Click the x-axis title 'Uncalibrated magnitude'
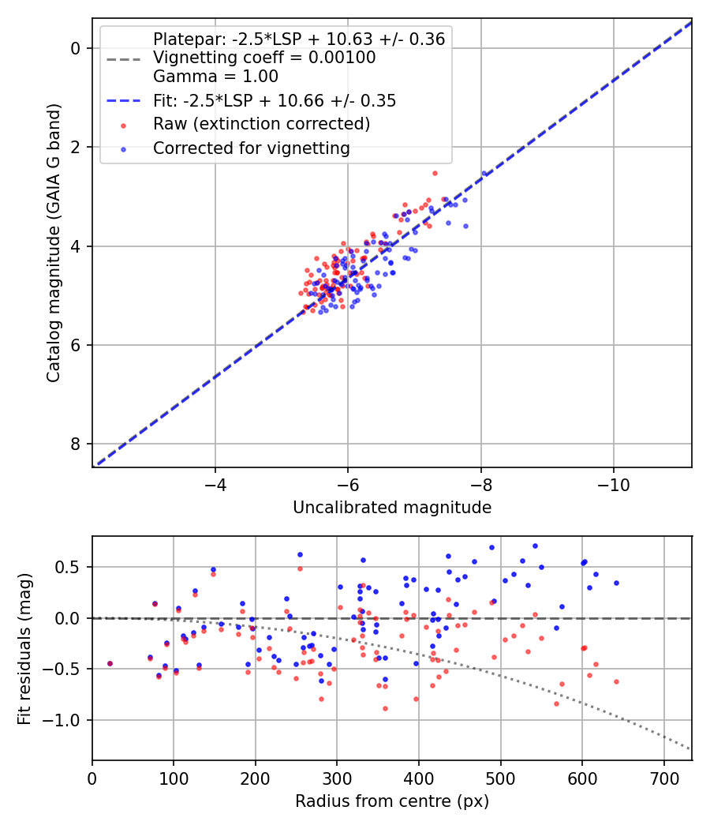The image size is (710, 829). [x=392, y=508]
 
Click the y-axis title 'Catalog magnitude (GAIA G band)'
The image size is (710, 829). [x=54, y=242]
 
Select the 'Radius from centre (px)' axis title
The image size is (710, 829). [x=392, y=801]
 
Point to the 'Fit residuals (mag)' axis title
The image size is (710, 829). [x=24, y=649]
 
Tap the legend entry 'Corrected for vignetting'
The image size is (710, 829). [x=252, y=148]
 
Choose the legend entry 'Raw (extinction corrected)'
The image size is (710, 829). [x=261, y=124]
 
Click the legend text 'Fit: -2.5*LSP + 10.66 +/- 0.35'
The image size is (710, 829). [x=275, y=100]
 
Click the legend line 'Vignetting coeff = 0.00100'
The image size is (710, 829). [x=264, y=58]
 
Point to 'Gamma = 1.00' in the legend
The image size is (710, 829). [x=215, y=77]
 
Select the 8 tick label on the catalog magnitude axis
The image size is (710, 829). [x=76, y=444]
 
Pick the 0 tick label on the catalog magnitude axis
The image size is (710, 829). [x=76, y=49]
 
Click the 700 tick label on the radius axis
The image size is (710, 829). [x=664, y=778]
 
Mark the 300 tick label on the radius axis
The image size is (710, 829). [x=337, y=778]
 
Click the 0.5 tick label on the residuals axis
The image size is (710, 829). [x=68, y=568]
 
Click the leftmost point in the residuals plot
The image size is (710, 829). [x=110, y=663]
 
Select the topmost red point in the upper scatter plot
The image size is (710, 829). [x=435, y=174]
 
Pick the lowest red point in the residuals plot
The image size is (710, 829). [x=385, y=708]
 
